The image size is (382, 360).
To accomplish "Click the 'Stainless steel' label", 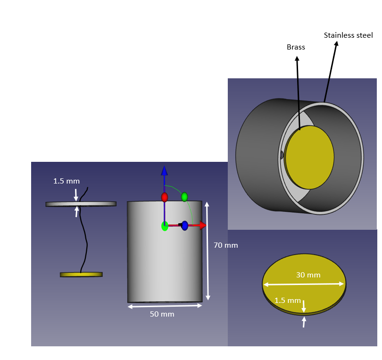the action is point(348,35).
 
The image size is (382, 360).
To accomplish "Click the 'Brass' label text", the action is point(296,47).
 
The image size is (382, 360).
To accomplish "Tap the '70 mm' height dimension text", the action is point(225,245).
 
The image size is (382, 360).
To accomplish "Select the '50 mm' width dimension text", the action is point(162,314).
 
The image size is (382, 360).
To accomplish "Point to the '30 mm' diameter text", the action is point(308,275).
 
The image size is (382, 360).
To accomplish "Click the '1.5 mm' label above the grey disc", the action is point(66,181).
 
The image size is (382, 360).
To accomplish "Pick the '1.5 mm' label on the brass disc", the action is point(288,300).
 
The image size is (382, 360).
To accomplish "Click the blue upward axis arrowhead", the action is point(165,170).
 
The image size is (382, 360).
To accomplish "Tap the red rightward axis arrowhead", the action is point(203,226).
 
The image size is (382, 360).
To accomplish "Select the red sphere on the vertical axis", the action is point(165,197).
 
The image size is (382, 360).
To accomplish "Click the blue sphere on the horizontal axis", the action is point(185,226).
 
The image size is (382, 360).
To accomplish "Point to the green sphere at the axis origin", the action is point(165,226).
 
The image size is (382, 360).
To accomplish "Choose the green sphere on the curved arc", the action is point(184,197).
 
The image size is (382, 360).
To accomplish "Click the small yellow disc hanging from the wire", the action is point(82,275).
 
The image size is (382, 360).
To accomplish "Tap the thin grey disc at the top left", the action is point(81,204).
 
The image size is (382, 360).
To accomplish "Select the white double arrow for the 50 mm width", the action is point(165,306).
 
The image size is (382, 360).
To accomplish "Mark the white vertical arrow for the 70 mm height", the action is point(208,251).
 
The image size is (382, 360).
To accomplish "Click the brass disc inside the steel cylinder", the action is point(309,157).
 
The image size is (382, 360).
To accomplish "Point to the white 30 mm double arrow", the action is point(304,284).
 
